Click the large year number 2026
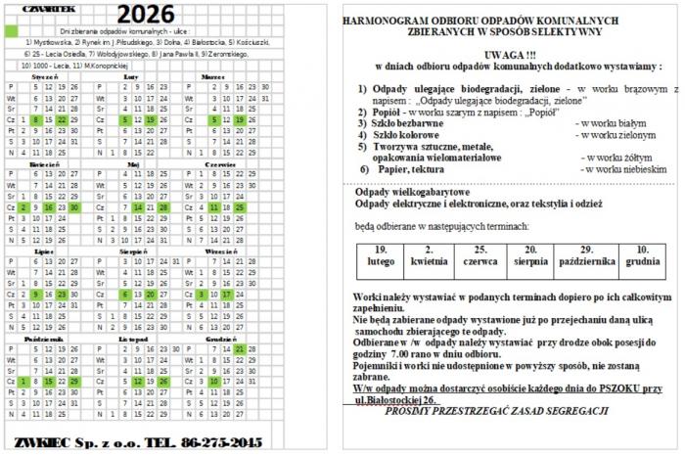click(146, 13)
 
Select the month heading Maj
click(134, 165)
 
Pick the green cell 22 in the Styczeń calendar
click(61, 119)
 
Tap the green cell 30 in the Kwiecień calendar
click(75, 207)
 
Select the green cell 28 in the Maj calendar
click(163, 207)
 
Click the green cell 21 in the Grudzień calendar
click(241, 348)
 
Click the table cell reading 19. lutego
click(381, 255)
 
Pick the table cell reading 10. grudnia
click(643, 255)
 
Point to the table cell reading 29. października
click(587, 255)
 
